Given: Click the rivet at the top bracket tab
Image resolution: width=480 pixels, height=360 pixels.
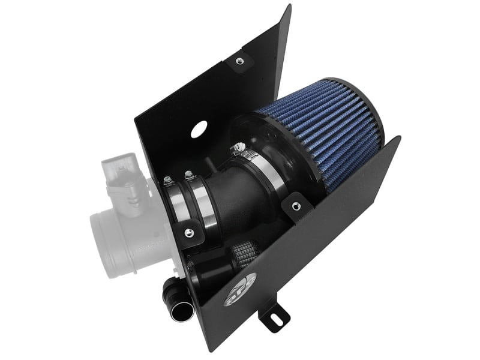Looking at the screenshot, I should coord(239,60).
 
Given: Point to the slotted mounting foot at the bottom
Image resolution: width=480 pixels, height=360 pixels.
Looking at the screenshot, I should coord(275,315).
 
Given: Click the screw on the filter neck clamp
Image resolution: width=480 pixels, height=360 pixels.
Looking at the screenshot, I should coord(241,145).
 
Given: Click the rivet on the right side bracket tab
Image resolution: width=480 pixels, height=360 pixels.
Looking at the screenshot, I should coord(294,206).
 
